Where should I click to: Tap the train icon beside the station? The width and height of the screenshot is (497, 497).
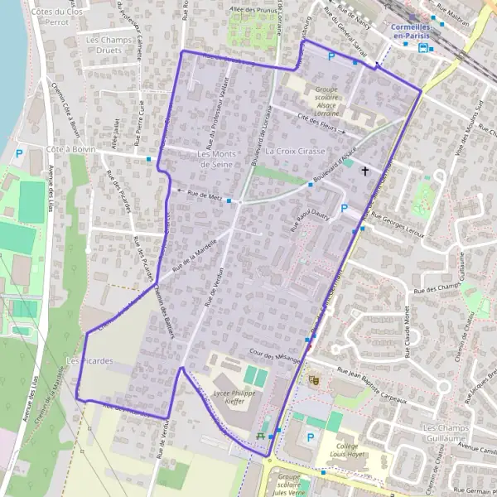[425, 47]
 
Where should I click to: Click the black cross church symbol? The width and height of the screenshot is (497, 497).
[364, 170]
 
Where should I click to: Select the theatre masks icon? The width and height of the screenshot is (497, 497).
[314, 379]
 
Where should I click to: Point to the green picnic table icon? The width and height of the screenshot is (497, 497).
[262, 434]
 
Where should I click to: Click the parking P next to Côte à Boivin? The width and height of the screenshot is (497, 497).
[19, 153]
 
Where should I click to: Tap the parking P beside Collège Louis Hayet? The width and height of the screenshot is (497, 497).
[311, 437]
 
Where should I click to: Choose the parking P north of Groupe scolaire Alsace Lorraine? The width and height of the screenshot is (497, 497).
[332, 57]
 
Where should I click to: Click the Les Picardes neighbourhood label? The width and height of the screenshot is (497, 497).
[89, 360]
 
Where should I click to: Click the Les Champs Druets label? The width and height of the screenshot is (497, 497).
[109, 45]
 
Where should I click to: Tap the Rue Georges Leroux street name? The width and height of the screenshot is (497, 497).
[398, 225]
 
